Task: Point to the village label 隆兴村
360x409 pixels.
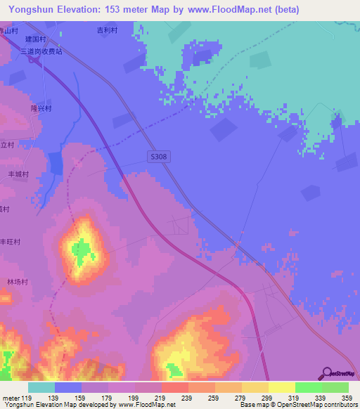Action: [x=41, y=109]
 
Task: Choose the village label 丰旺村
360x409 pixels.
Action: [x=10, y=241]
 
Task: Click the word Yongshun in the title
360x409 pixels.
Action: [x=30, y=10]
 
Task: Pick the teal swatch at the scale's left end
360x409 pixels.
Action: [x=41, y=387]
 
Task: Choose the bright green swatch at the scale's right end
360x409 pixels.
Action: [x=335, y=387]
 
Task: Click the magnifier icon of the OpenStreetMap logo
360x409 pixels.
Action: [x=325, y=373]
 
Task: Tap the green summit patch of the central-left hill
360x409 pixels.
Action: [x=81, y=249]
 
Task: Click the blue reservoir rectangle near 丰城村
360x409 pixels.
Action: [x=56, y=164]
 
